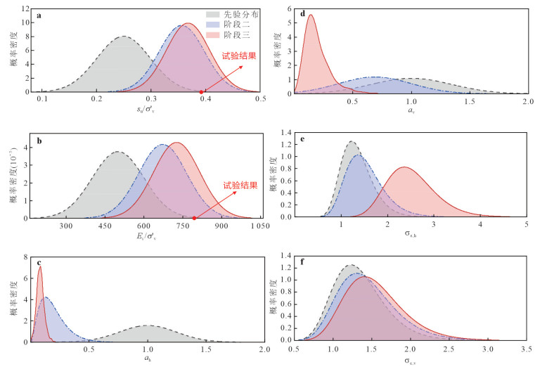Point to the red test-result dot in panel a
202,91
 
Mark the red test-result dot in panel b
194,218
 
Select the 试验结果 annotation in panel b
240,186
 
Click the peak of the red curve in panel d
310,15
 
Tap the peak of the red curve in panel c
40,267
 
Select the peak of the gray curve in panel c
148,325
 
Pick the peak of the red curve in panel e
405,167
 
